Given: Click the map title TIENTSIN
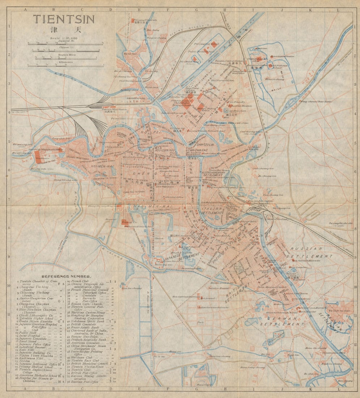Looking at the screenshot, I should (64, 19).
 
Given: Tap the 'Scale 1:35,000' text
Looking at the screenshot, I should (64, 38).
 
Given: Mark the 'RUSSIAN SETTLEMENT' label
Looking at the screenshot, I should (311, 252).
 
